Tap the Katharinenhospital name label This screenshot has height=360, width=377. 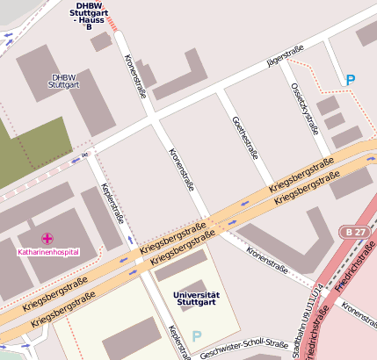(x=48, y=252)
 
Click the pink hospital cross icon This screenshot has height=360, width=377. (x=47, y=238)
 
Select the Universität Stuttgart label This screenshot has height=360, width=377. (x=197, y=299)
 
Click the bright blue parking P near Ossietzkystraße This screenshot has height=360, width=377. (x=351, y=80)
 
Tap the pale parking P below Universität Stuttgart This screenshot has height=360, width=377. (x=197, y=335)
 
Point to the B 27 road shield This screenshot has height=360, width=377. (x=353, y=231)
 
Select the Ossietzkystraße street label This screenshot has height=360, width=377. (x=304, y=108)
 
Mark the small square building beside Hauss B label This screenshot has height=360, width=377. (x=101, y=41)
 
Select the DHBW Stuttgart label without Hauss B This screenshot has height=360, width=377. (x=64, y=81)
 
